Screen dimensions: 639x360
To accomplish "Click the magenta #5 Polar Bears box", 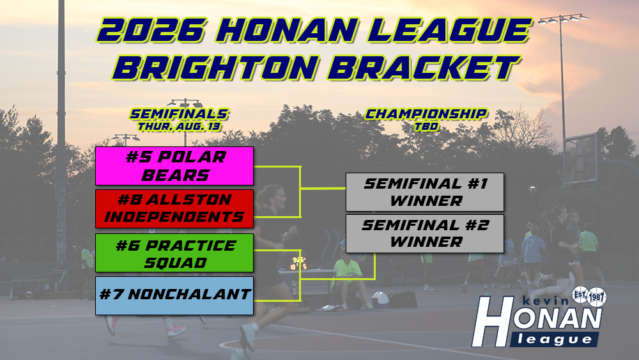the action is click(174, 166).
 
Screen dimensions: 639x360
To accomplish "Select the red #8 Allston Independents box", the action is click(174, 208).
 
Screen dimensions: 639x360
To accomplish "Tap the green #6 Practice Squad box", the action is click(174, 253).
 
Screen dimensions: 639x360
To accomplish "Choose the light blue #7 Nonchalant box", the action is click(174, 295).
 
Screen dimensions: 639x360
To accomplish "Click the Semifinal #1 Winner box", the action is click(425, 192).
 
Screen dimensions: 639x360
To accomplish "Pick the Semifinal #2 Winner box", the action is click(425, 233).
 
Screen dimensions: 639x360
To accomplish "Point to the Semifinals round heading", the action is click(179, 114).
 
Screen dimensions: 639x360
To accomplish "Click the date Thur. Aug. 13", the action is click(179, 127).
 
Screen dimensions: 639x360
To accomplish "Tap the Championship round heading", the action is click(426, 114).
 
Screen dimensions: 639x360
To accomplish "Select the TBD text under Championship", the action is click(426, 127).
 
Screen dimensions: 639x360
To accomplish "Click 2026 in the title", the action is click(150, 31).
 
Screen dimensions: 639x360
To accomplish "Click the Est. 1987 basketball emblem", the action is click(589, 297).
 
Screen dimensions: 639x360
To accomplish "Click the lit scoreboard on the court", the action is click(298, 263).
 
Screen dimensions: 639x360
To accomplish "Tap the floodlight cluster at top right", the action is click(564, 19).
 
